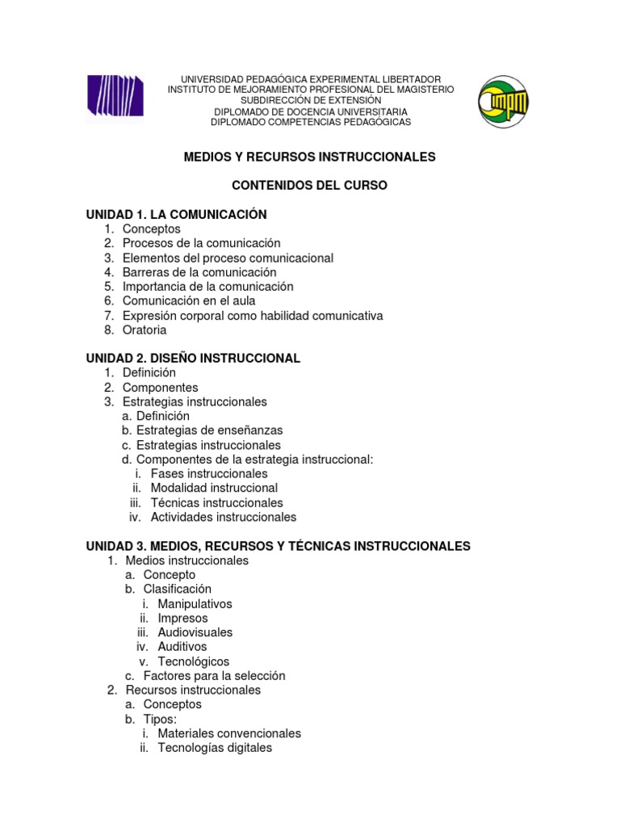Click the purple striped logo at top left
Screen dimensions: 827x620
115,98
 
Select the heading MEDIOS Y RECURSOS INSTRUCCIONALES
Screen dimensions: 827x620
310,157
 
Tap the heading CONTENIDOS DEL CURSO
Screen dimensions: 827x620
310,186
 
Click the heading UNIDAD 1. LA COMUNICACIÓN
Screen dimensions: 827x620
176,214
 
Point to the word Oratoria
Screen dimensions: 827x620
145,330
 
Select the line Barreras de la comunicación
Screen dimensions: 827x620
199,272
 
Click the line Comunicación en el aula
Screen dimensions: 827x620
189,301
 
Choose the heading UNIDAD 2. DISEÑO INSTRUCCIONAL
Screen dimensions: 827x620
193,358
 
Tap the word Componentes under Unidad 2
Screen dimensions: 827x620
160,388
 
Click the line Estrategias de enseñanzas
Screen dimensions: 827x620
209,430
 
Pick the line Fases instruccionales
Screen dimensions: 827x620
209,473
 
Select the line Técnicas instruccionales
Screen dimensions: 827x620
217,502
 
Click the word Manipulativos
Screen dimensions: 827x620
195,604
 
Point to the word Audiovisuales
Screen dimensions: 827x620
195,632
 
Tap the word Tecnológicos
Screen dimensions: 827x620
194,661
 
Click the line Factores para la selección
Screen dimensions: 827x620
214,676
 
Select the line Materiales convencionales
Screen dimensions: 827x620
229,734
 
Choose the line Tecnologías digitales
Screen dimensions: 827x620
215,748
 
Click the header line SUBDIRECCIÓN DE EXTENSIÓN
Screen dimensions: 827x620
310,100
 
